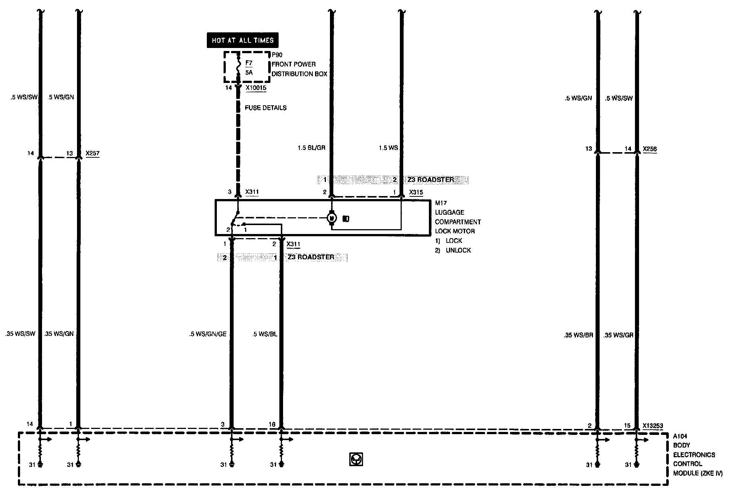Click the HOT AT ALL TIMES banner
click(x=243, y=40)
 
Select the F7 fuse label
click(x=249, y=63)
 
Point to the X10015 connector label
click(x=256, y=88)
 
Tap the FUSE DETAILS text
click(x=266, y=108)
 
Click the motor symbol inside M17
click(x=332, y=218)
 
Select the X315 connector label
click(x=416, y=192)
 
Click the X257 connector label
click(x=93, y=153)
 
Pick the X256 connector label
click(x=650, y=149)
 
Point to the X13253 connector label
click(x=652, y=426)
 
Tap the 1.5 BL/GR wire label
click(x=311, y=148)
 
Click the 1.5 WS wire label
click(x=388, y=148)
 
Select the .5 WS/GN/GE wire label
click(x=208, y=334)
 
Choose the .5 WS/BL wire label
click(x=264, y=334)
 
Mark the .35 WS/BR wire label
click(x=578, y=335)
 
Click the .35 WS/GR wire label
click(x=618, y=335)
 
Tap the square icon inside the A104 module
click(x=356, y=459)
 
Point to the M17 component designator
click(x=441, y=203)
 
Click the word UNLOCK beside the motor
click(x=458, y=250)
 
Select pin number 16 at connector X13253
click(x=272, y=424)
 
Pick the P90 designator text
click(x=277, y=55)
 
